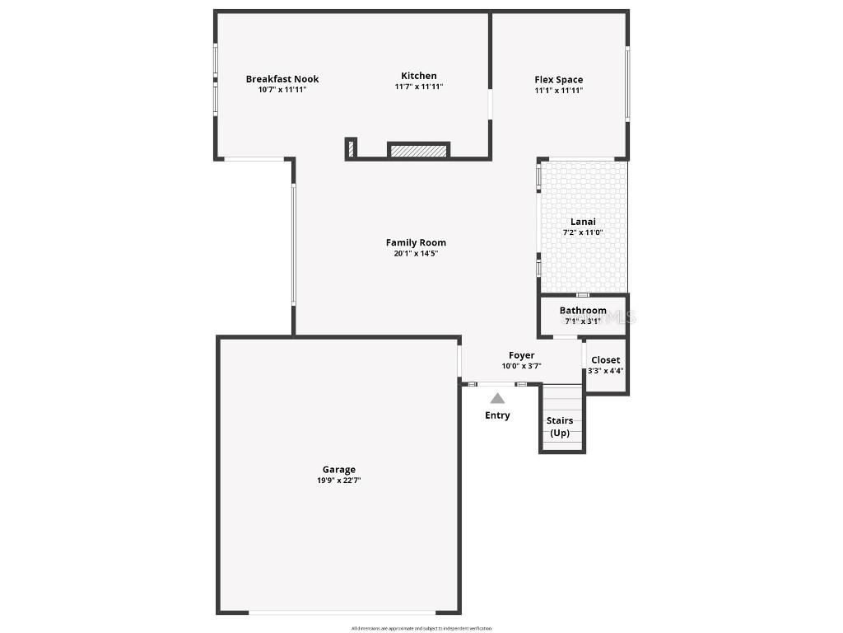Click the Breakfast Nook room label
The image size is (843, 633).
[x=282, y=79]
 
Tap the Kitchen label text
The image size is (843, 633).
[x=419, y=76]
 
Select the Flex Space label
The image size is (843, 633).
[x=559, y=80]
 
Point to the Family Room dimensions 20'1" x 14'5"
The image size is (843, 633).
[x=416, y=254]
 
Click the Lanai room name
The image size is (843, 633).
[x=583, y=222]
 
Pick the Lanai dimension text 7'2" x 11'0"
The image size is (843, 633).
[x=583, y=232]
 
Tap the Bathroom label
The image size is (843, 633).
[x=583, y=311]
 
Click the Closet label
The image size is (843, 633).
[x=606, y=360]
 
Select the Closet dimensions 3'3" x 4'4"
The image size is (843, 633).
[x=606, y=371]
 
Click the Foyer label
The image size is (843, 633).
[x=521, y=355]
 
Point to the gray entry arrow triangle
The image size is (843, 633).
[x=497, y=398]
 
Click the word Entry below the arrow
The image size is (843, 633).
[x=497, y=415]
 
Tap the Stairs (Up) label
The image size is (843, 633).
[x=560, y=426]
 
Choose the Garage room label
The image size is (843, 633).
[x=339, y=470]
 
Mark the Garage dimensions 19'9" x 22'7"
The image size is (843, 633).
[x=339, y=480]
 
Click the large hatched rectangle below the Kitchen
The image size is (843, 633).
[x=419, y=151]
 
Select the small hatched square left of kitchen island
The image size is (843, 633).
[x=351, y=149]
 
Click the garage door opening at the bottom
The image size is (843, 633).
[x=342, y=612]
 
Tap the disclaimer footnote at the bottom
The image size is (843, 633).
[x=421, y=628]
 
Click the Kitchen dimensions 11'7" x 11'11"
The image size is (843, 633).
[x=419, y=87]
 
